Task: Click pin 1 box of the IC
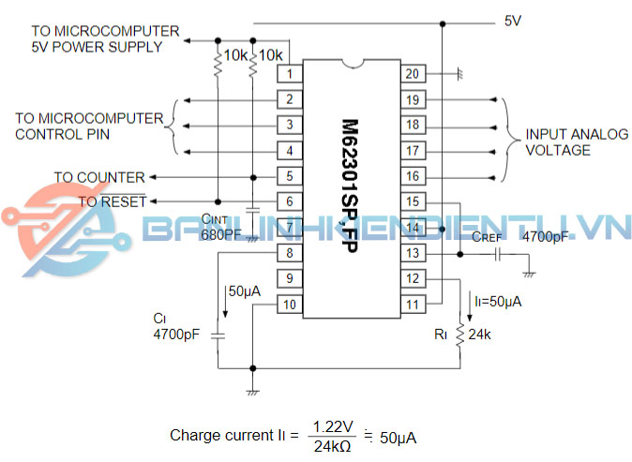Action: [x=291, y=73]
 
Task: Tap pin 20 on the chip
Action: [x=411, y=73]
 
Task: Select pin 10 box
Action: [x=291, y=304]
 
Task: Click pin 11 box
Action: [x=411, y=304]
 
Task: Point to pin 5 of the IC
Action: [x=291, y=175]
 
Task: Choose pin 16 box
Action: [x=411, y=175]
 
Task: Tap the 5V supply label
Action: [x=513, y=20]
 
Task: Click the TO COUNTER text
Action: [x=99, y=177]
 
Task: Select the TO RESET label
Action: [x=112, y=201]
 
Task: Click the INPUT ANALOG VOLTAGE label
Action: [x=576, y=142]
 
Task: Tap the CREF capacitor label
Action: [x=488, y=238]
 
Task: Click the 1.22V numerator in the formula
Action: [x=334, y=426]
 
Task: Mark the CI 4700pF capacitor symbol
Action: [x=218, y=334]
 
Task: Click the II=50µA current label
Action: [x=498, y=302]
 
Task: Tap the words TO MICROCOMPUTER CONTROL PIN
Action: [x=89, y=126]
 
